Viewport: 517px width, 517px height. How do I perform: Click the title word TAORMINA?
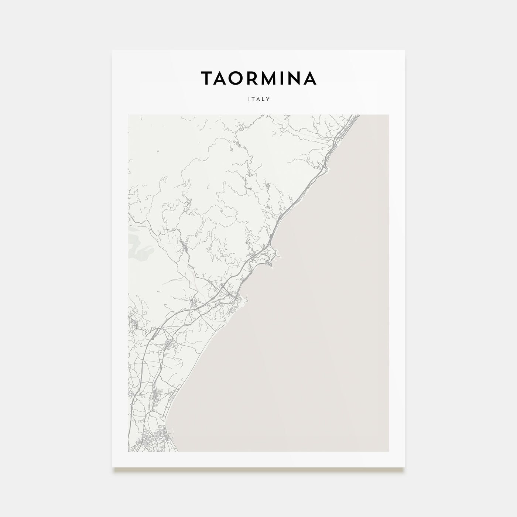click(x=258, y=78)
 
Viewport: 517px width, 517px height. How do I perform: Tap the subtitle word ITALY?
click(x=258, y=99)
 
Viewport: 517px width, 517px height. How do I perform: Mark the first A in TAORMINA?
click(x=223, y=78)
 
